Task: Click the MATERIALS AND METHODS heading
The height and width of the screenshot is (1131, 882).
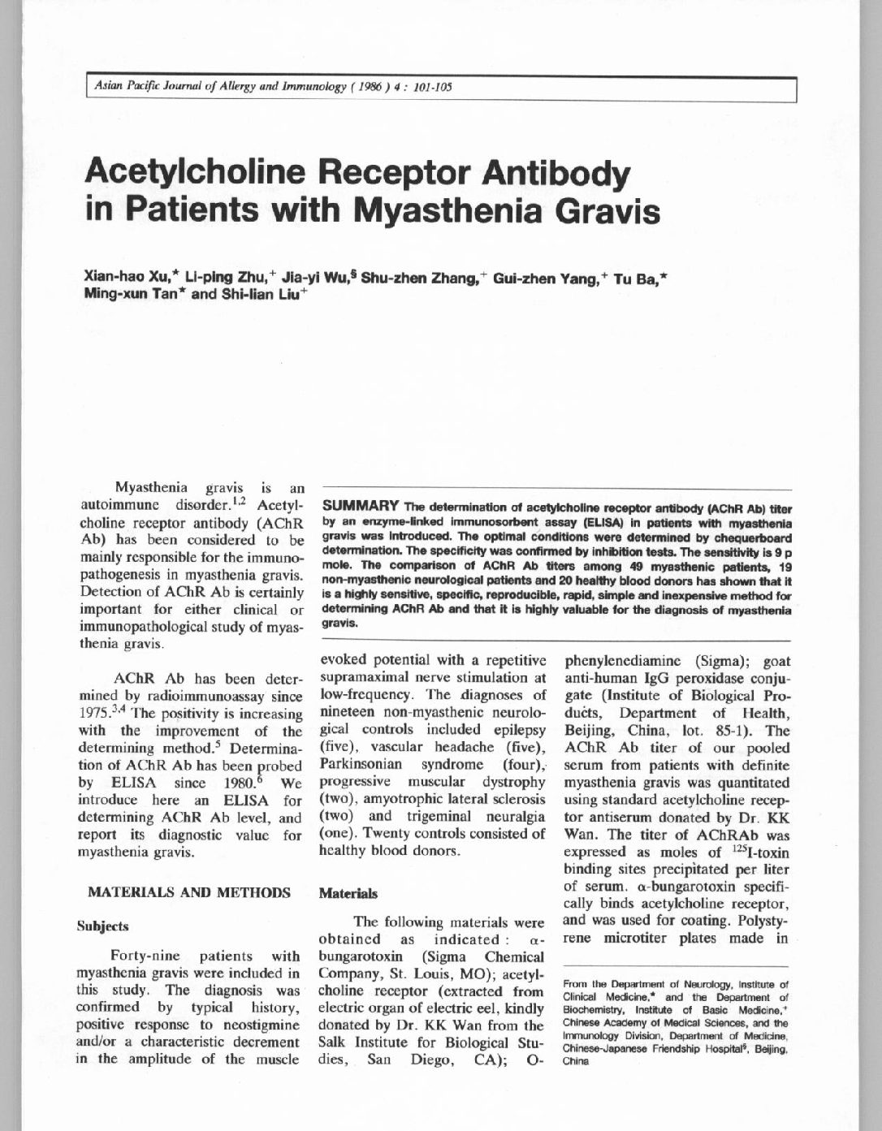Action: click(x=189, y=892)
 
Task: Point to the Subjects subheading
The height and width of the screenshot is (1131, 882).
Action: click(x=102, y=926)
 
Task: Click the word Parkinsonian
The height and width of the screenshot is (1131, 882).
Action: click(x=357, y=764)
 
